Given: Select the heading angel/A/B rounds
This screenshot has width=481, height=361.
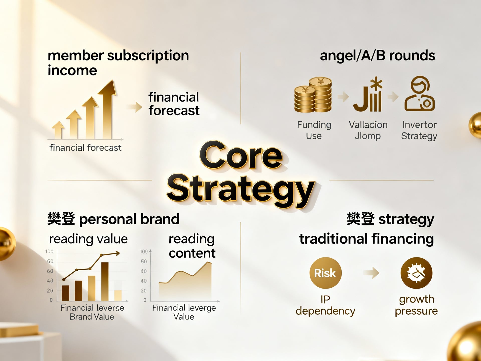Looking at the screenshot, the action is click(378, 56).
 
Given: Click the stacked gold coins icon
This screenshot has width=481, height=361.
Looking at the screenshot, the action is click(313, 95).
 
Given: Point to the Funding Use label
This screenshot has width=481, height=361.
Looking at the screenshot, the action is click(314, 130).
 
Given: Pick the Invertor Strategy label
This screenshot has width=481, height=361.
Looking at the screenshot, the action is click(419, 130).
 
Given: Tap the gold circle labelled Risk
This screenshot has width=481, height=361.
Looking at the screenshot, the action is click(325, 273).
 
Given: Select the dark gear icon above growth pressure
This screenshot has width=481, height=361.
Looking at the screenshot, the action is click(416, 273).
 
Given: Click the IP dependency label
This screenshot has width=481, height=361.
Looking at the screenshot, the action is click(325, 305).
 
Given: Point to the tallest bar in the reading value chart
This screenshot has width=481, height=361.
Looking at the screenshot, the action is click(105, 282).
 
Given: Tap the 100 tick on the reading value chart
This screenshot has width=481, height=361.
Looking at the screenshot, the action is click(49, 251).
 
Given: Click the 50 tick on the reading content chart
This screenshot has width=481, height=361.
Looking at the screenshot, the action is click(144, 261).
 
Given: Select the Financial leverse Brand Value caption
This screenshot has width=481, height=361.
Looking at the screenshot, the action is click(92, 312).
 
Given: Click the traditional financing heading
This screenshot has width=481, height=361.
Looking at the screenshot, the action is click(367, 239).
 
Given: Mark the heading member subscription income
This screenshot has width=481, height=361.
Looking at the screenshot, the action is click(118, 63).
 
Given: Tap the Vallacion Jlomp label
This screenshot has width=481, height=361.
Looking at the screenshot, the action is click(368, 130).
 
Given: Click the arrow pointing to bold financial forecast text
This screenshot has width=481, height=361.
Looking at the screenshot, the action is click(135, 107).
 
